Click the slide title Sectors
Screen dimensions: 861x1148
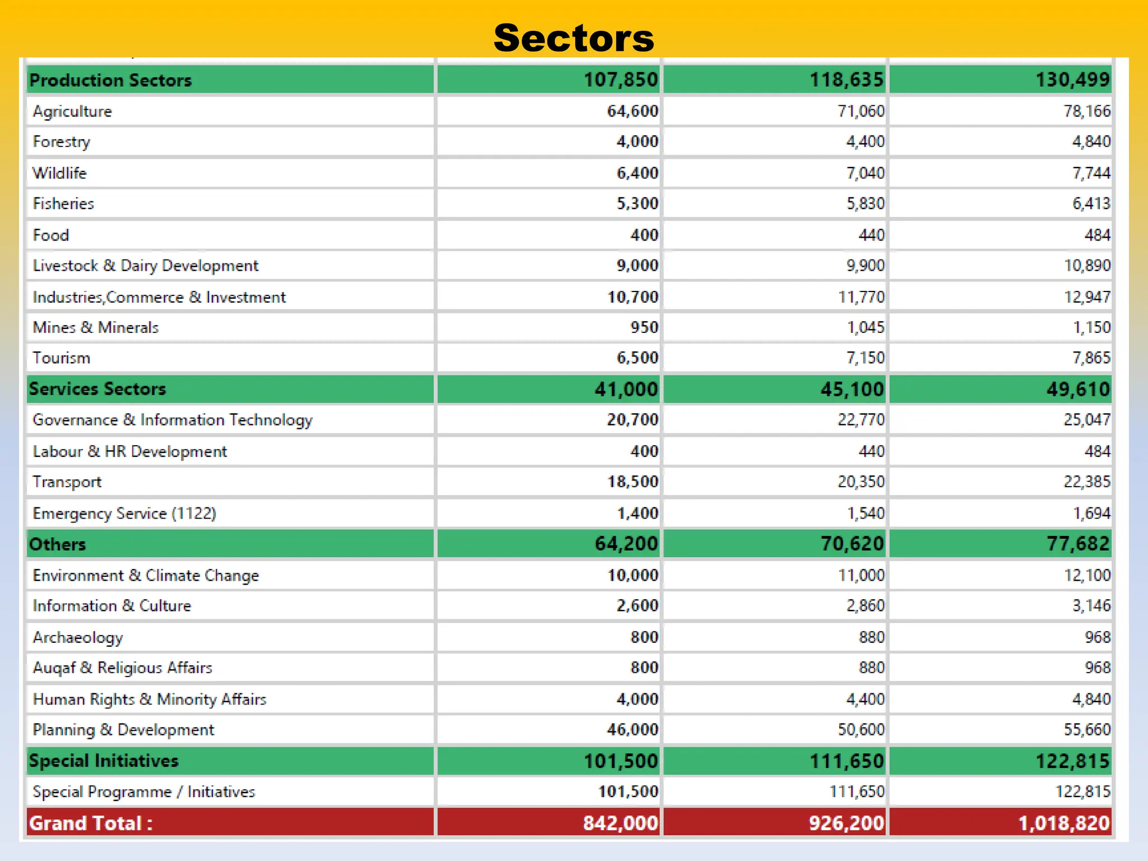pyautogui.click(x=573, y=38)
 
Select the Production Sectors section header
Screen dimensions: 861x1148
pyautogui.click(x=110, y=80)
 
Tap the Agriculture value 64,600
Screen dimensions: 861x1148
pyautogui.click(x=632, y=111)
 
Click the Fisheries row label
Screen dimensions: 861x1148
pyautogui.click(x=63, y=203)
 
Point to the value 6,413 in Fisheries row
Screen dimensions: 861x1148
pyautogui.click(x=1091, y=203)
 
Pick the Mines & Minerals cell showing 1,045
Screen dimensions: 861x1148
pyautogui.click(x=865, y=327)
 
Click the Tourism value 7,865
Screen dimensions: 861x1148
pyautogui.click(x=1091, y=358)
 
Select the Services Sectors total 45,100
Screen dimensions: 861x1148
pyautogui.click(x=852, y=389)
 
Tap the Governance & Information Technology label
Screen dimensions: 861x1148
pyautogui.click(x=172, y=420)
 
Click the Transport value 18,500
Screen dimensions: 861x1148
pyautogui.click(x=632, y=482)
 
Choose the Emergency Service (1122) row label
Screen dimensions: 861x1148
pyautogui.click(x=124, y=513)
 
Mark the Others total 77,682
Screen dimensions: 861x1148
pyautogui.click(x=1077, y=544)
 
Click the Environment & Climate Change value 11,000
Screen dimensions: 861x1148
pyautogui.click(x=861, y=575)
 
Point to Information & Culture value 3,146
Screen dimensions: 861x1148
pyautogui.click(x=1091, y=605)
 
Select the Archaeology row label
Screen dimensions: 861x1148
pyautogui.click(x=77, y=637)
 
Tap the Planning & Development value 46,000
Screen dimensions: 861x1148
pyautogui.click(x=632, y=729)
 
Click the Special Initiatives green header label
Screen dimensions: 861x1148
pyautogui.click(x=104, y=761)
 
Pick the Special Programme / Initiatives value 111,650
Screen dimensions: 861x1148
pyautogui.click(x=857, y=791)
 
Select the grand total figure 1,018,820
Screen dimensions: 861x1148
pyautogui.click(x=1063, y=823)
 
